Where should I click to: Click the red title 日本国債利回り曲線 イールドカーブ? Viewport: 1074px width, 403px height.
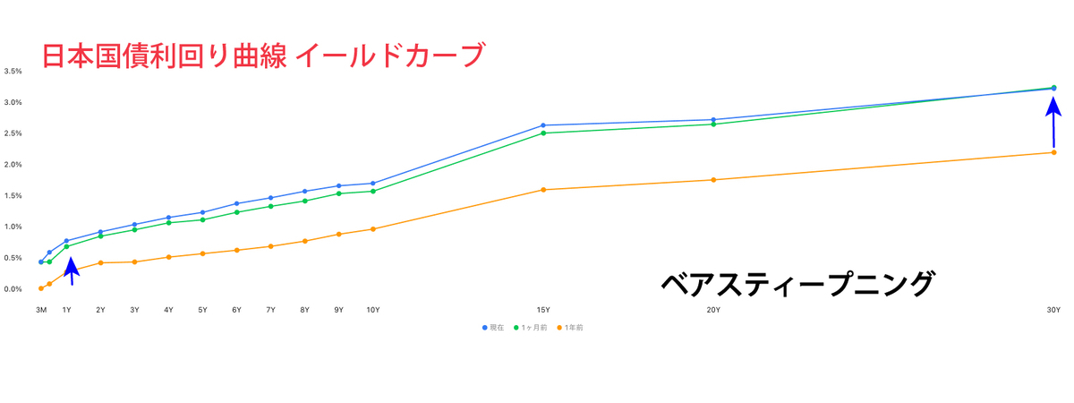[x=262, y=56]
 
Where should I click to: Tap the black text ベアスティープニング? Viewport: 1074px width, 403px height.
[x=797, y=284]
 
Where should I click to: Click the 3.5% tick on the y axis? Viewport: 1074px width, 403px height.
[x=13, y=71]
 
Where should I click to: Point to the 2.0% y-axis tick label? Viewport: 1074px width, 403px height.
[x=13, y=165]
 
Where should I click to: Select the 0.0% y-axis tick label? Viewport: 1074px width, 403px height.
[x=13, y=289]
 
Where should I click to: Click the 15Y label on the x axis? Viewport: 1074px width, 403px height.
[x=543, y=310]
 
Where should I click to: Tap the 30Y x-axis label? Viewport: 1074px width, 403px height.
[x=1053, y=310]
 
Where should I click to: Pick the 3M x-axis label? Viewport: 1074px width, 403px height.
[x=41, y=310]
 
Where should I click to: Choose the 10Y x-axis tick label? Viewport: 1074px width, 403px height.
[x=372, y=310]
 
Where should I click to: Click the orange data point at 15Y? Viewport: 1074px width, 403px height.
[x=543, y=190]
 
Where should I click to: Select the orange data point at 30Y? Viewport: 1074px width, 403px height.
[x=1053, y=152]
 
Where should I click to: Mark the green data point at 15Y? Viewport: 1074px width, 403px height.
[x=543, y=133]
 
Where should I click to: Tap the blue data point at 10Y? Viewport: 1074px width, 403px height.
[x=372, y=184]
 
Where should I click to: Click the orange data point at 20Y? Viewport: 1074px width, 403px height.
[x=713, y=180]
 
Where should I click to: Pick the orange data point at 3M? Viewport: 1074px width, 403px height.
[x=41, y=288]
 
